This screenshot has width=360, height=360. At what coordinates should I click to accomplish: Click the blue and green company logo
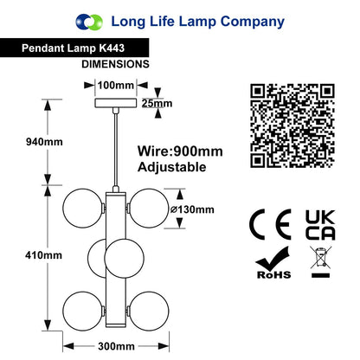tap(89, 22)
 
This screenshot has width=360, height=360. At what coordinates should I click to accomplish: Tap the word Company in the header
tap(253, 22)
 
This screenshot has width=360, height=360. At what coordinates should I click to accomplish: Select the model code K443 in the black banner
tap(112, 48)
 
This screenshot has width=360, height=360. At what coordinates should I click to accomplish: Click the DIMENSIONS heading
tap(115, 64)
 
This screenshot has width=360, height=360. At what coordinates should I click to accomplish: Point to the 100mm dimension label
tap(116, 85)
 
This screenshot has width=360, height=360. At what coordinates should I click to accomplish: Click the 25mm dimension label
tap(157, 103)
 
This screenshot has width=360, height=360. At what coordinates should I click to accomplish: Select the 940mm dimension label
tap(44, 142)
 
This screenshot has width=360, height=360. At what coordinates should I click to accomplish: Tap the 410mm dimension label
tap(43, 255)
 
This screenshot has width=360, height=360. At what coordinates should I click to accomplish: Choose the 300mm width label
tap(116, 346)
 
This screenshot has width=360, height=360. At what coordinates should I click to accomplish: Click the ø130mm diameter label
tap(192, 209)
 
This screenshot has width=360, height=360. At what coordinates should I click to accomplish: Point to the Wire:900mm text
tap(180, 151)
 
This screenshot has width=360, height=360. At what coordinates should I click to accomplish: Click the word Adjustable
tap(172, 167)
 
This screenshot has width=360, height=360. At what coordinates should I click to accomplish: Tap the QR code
tap(292, 125)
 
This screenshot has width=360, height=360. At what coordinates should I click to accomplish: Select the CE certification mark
tap(270, 224)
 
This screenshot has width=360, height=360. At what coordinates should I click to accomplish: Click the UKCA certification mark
tap(320, 225)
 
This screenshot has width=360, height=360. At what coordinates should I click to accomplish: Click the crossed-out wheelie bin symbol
tap(320, 261)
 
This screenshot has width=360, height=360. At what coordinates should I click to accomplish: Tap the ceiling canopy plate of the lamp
tap(116, 103)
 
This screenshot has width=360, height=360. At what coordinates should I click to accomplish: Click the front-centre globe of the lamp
tap(124, 259)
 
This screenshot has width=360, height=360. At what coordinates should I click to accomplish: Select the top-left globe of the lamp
tap(83, 209)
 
